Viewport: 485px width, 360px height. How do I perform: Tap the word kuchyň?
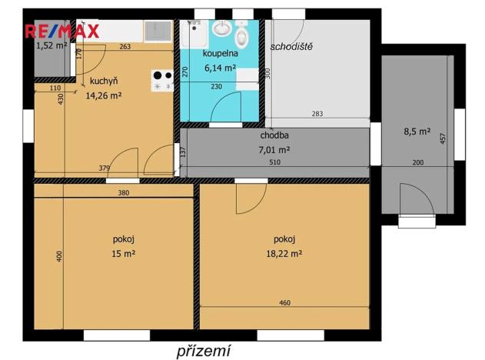[x=104, y=81]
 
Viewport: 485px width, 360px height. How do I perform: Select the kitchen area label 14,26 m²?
[x=104, y=96]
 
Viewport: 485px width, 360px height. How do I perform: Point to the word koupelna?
[x=220, y=55]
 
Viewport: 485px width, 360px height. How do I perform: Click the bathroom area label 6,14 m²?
[x=220, y=68]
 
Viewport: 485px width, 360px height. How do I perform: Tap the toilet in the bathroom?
[x=241, y=34]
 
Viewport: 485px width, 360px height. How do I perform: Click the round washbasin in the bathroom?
[x=223, y=29]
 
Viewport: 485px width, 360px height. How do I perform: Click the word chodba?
[x=274, y=135]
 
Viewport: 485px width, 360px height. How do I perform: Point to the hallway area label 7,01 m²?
[x=274, y=149]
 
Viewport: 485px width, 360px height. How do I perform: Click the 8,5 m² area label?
[x=417, y=132]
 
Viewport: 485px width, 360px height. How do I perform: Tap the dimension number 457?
[x=442, y=139]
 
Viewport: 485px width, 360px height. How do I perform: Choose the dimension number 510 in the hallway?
[x=274, y=163]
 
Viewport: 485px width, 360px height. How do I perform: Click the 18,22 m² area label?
[x=284, y=252]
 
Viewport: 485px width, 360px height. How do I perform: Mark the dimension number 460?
[x=284, y=303]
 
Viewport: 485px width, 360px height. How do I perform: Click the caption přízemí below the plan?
[x=203, y=350]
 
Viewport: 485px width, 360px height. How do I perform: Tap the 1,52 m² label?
[x=51, y=45]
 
